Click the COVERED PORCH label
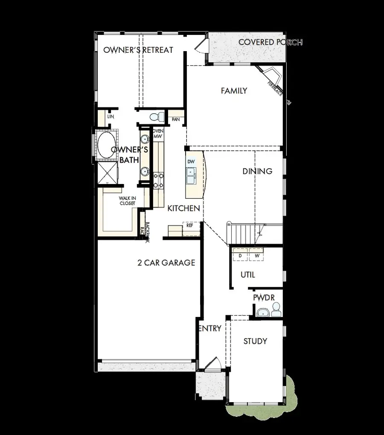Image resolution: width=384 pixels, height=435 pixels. pyautogui.click(x=271, y=42)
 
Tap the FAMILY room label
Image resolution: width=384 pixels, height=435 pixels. pyautogui.click(x=234, y=91)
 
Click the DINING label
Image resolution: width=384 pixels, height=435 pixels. pyautogui.click(x=257, y=171)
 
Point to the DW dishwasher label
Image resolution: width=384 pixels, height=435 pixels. pyautogui.click(x=191, y=162)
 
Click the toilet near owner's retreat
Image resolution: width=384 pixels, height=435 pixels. pyautogui.click(x=157, y=116)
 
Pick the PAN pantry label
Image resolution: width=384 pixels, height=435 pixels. pyautogui.click(x=176, y=120)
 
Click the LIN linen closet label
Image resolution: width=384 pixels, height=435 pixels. pyautogui.click(x=111, y=116)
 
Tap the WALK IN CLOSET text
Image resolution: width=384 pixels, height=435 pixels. pyautogui.click(x=128, y=201)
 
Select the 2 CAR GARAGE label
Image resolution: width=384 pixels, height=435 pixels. pyautogui.click(x=166, y=262)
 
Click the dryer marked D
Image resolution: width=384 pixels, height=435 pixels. pyautogui.click(x=240, y=255)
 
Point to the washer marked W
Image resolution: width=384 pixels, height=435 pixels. pyautogui.click(x=257, y=255)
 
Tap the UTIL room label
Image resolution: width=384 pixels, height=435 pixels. pyautogui.click(x=248, y=275)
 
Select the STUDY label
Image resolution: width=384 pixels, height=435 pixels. pyautogui.click(x=255, y=341)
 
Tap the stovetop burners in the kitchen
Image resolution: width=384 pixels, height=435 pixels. pyautogui.click(x=158, y=180)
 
